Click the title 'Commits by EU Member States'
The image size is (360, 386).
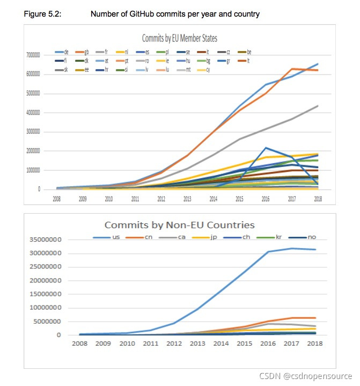pyautogui.click(x=179, y=38)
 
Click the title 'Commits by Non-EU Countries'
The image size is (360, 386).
pyautogui.click(x=179, y=225)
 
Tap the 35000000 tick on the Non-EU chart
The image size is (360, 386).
pyautogui.click(x=45, y=239)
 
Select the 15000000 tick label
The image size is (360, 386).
pyautogui.click(x=45, y=294)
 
